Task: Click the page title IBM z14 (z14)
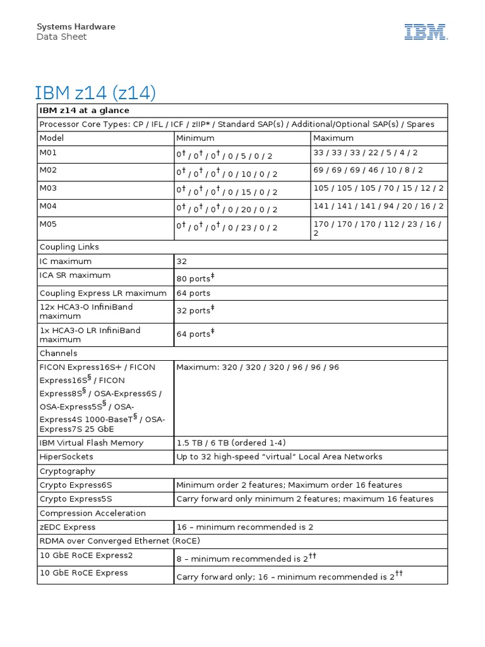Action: coord(96,92)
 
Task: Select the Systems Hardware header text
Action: coord(76,27)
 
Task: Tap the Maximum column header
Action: coord(333,138)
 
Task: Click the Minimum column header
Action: coord(195,138)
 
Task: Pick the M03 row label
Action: coord(48,188)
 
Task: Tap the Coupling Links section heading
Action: coord(69,247)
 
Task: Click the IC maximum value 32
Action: coord(182,261)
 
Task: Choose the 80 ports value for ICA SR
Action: coord(196,278)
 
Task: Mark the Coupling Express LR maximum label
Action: coord(103,293)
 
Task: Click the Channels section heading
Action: coord(58,353)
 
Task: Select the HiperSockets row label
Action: coord(66,457)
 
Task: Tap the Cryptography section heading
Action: coord(68,471)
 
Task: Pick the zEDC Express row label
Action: coord(68,527)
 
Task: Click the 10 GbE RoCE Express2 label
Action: coord(86,555)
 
